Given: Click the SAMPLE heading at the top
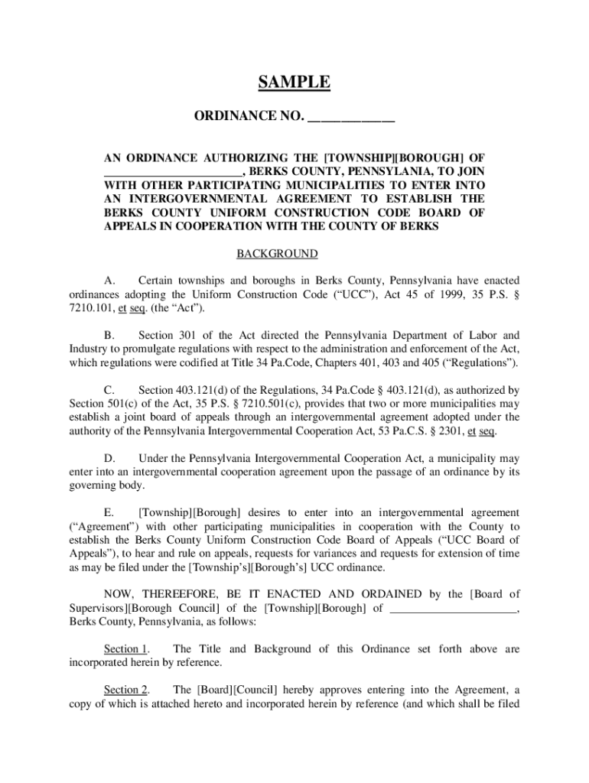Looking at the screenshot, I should tap(294, 83).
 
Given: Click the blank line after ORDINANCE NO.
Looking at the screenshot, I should tap(350, 118).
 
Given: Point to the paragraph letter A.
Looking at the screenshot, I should tap(109, 280).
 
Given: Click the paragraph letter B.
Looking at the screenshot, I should tap(109, 335).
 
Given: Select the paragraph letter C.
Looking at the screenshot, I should tap(109, 390).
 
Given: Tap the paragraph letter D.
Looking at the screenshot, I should tap(109, 459).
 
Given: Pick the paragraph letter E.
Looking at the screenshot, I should tap(109, 513).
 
